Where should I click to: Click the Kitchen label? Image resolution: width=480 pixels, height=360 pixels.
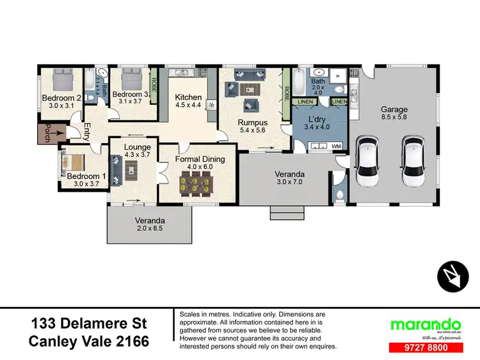point(188,97)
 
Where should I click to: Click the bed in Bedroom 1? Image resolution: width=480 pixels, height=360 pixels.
point(75,164)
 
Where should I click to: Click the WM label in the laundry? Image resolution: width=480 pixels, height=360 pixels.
point(336,147)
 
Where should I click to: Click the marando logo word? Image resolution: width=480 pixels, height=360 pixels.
point(417,324)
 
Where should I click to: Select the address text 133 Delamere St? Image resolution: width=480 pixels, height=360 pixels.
point(89,323)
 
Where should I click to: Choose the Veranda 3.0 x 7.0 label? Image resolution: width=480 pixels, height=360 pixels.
point(289,178)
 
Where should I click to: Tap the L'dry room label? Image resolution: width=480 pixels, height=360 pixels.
point(318,121)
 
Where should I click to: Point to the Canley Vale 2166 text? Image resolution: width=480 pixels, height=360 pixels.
point(89,342)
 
